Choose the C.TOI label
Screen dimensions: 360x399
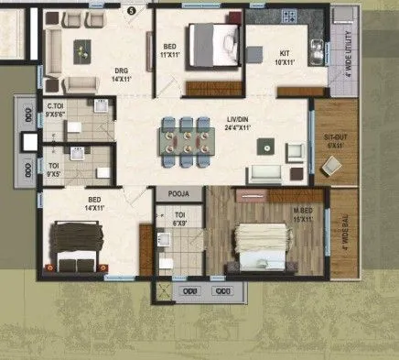click(x=54, y=107)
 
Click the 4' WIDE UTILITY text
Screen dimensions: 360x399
click(x=349, y=60)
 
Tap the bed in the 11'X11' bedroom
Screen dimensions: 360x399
click(x=212, y=42)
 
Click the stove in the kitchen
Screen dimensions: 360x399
click(x=289, y=16)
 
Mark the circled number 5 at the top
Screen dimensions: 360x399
click(x=131, y=9)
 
